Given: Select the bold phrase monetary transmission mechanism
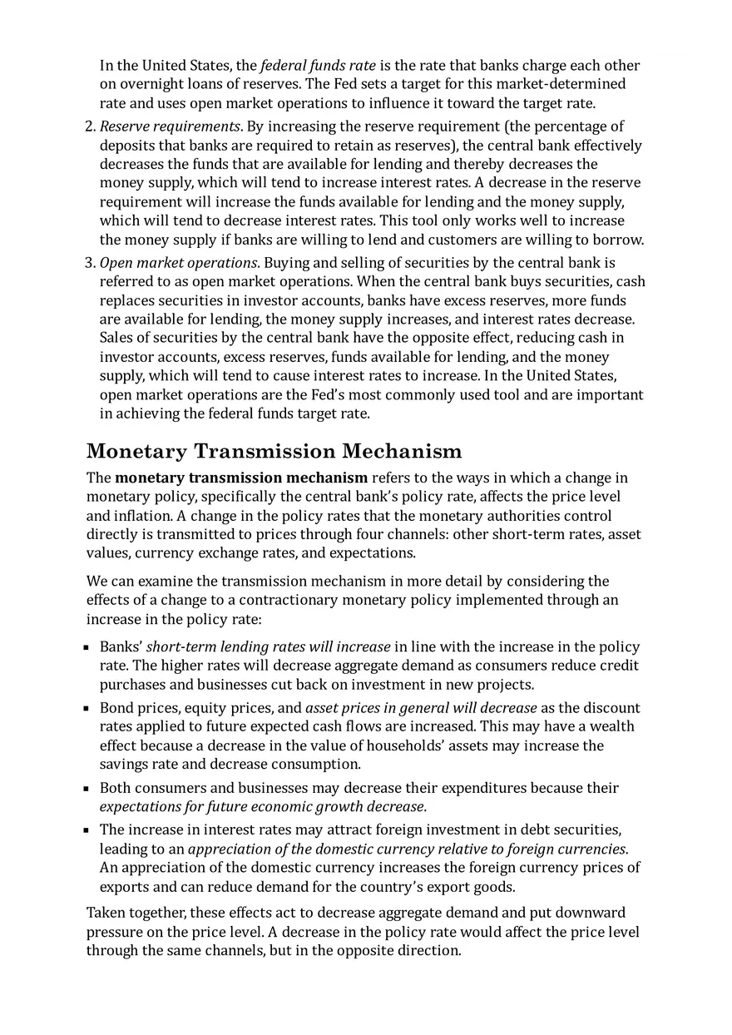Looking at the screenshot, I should [241, 478].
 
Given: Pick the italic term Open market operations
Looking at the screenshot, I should [178, 263].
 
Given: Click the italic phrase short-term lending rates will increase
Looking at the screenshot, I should [269, 647].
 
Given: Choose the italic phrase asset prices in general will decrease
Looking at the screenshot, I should [421, 708].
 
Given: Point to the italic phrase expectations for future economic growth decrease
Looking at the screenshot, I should [262, 807].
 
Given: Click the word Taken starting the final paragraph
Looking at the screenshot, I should [106, 914].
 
